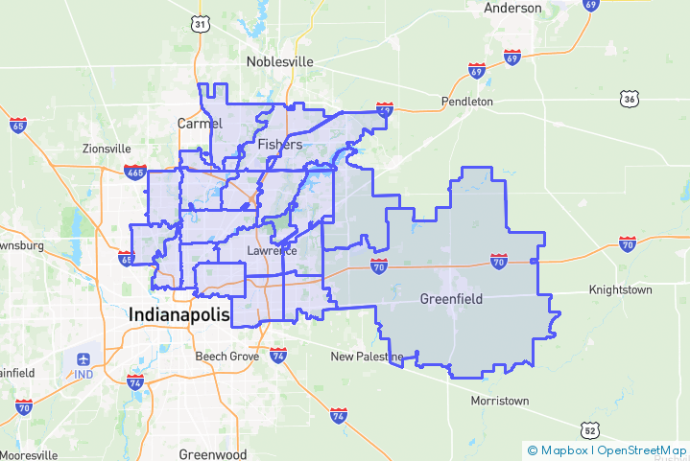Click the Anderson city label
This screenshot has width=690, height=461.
click(x=513, y=8)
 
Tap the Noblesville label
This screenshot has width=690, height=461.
click(x=280, y=61)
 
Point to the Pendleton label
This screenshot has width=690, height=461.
click(x=466, y=101)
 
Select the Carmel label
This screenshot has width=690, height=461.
click(x=200, y=123)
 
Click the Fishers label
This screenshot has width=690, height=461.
click(x=280, y=145)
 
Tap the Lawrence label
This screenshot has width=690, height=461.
click(x=272, y=250)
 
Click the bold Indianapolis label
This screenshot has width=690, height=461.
click(x=180, y=314)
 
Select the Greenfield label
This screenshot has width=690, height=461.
click(x=451, y=300)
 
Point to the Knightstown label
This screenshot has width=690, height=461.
click(x=620, y=288)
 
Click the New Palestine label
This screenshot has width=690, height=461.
click(x=367, y=357)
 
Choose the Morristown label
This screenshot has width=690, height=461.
click(x=500, y=400)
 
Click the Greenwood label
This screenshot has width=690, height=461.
click(x=213, y=454)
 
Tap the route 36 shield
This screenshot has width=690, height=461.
click(x=629, y=99)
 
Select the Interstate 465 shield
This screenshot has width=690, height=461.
click(x=135, y=173)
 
